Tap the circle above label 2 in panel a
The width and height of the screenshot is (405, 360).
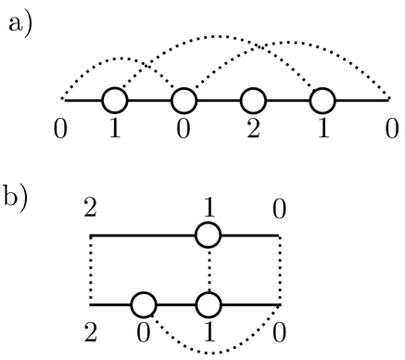click(253, 99)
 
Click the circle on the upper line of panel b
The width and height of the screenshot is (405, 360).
click(209, 236)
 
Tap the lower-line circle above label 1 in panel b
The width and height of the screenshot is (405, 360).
click(209, 303)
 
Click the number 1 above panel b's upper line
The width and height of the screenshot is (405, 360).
click(209, 207)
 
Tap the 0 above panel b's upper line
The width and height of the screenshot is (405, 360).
click(280, 209)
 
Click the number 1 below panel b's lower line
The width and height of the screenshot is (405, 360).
click(209, 331)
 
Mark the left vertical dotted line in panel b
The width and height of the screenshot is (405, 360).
click(92, 269)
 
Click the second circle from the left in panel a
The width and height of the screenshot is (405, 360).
click(184, 99)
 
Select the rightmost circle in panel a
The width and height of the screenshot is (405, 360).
click(322, 99)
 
